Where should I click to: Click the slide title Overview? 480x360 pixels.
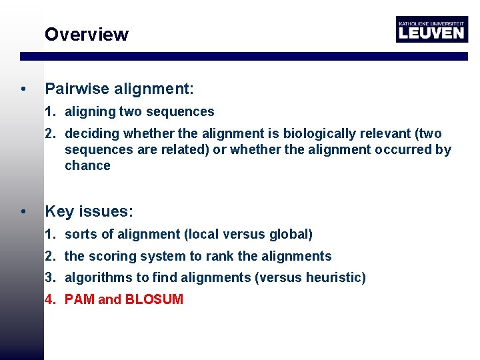(86, 35)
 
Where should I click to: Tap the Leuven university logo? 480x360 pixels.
(431, 29)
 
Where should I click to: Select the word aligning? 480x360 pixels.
(90, 112)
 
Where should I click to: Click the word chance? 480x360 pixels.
(87, 166)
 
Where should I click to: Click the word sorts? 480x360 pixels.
(81, 235)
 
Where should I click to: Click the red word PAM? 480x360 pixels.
(79, 300)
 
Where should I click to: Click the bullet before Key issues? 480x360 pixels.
(24, 212)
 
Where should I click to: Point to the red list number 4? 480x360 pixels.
(49, 300)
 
